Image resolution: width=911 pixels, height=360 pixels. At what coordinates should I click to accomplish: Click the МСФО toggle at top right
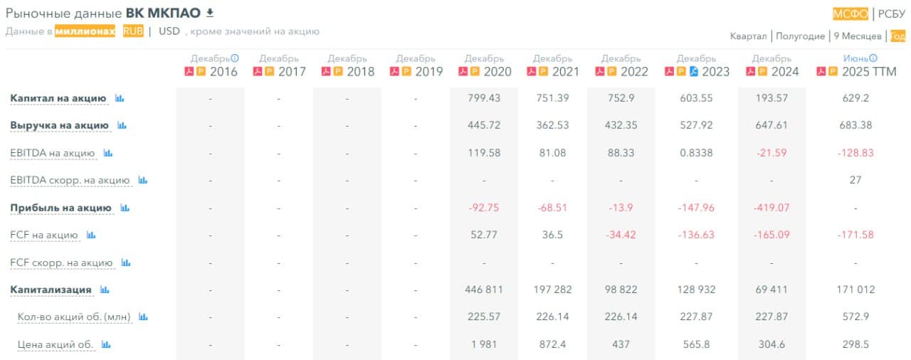(851, 14)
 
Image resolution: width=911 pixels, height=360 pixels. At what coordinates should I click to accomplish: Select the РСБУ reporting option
(891, 14)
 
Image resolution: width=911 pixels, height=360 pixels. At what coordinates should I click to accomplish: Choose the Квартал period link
(748, 36)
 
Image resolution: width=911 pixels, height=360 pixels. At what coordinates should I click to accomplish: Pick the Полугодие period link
(800, 36)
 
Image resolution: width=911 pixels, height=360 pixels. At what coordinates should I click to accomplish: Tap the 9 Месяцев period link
(857, 36)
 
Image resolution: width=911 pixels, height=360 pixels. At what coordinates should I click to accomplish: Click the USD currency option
(169, 31)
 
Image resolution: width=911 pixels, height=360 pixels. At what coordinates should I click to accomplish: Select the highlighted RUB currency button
(133, 31)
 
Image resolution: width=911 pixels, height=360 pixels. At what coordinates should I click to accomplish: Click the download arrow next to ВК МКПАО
(209, 12)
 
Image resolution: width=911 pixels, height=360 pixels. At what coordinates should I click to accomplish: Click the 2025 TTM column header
(868, 72)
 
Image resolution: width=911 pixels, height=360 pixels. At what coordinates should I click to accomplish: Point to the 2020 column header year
(497, 72)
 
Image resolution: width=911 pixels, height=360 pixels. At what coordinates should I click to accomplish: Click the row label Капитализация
(51, 290)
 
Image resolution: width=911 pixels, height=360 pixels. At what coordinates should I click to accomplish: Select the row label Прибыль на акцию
(60, 208)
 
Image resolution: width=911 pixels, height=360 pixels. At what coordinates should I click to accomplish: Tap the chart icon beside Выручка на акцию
(122, 125)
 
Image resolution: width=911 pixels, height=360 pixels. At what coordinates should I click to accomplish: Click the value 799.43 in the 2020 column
(484, 98)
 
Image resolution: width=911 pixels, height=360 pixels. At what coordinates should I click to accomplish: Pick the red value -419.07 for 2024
(772, 208)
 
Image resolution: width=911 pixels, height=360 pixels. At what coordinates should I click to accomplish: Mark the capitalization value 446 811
(484, 290)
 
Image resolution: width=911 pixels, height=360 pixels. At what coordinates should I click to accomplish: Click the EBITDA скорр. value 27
(855, 180)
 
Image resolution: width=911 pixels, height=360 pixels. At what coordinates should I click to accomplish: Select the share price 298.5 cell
(855, 344)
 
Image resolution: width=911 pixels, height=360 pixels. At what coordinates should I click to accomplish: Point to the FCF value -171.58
(855, 235)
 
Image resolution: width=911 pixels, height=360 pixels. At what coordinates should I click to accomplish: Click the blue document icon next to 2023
(694, 72)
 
